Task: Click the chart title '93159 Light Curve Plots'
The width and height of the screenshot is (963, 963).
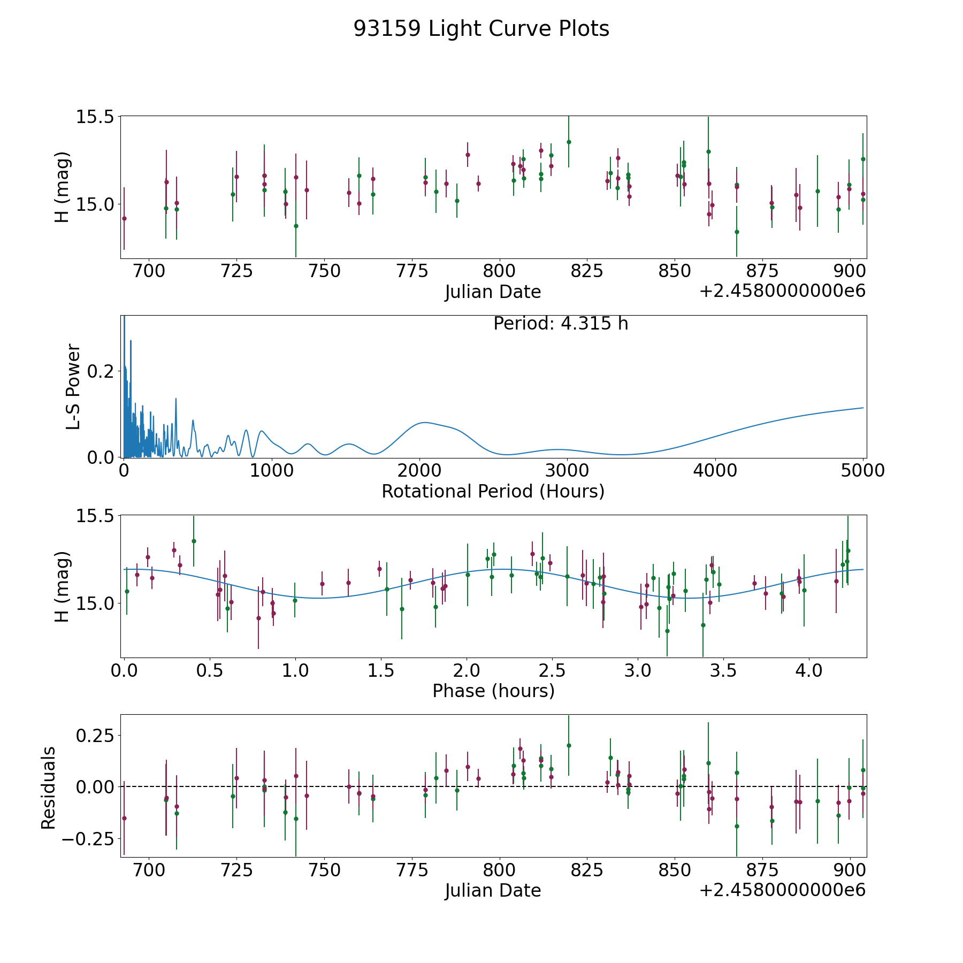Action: pos(481,29)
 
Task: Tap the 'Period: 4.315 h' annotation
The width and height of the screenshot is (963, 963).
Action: pos(561,324)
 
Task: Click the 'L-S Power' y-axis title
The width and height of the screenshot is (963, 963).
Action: pos(74,387)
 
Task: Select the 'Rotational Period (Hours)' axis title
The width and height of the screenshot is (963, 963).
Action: pos(493,491)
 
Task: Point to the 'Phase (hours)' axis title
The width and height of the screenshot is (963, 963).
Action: pos(493,691)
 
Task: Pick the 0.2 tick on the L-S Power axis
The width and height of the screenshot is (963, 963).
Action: pos(102,371)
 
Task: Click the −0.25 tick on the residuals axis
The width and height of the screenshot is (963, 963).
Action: pos(89,838)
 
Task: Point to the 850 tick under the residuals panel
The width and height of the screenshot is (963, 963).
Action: pos(675,870)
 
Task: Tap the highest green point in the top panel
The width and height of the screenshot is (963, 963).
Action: pos(569,142)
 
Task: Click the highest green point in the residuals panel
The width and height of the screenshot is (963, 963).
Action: pos(569,745)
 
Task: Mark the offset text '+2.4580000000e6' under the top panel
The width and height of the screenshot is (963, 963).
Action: pos(782,292)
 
